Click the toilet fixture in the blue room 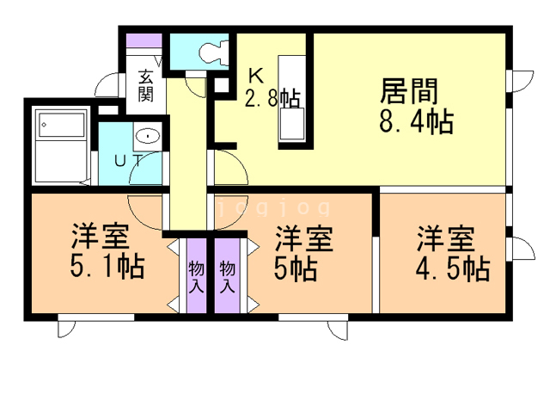[x=214, y=52]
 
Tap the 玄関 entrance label [x=145, y=86]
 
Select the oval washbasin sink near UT [x=148, y=136]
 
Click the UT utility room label [x=129, y=161]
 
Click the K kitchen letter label [x=256, y=75]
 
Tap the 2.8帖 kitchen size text [x=272, y=98]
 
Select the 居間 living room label [x=409, y=91]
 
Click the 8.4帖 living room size [x=416, y=121]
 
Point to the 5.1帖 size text [x=107, y=267]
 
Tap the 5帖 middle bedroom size [x=296, y=268]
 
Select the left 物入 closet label [x=197, y=277]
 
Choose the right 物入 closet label [x=227, y=277]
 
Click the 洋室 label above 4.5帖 [x=446, y=239]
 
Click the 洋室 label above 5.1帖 [x=101, y=236]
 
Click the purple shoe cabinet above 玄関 [x=144, y=40]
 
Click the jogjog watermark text [x=274, y=207]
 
